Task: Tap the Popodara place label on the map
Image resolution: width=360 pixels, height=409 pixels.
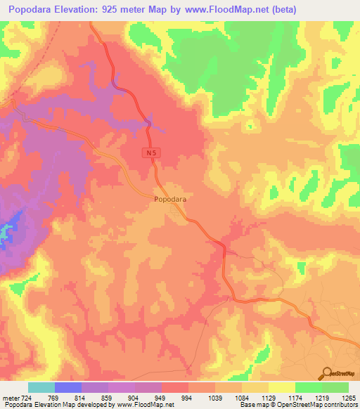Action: [169, 200]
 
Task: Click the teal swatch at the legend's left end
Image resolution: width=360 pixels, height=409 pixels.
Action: [41, 387]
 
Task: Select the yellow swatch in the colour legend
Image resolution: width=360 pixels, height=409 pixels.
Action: [281, 387]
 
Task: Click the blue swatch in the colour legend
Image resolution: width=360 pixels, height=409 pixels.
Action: [68, 387]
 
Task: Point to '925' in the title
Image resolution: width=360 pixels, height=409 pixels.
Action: [117, 10]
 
